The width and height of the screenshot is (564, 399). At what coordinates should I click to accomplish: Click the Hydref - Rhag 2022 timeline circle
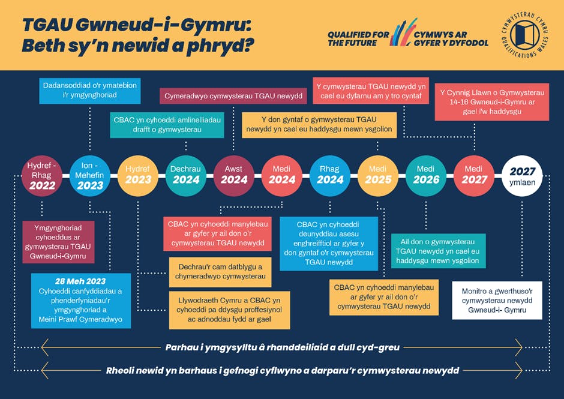tap(42, 175)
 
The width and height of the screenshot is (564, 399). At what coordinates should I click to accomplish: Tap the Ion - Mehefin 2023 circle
tap(90, 175)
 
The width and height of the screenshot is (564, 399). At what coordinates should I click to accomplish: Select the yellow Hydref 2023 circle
tap(138, 175)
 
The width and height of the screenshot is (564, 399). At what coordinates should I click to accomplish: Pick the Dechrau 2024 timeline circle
tap(186, 175)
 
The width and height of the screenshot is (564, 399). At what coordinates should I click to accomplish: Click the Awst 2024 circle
tap(234, 175)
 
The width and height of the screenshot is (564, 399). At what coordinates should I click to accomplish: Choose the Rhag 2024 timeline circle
tap(330, 175)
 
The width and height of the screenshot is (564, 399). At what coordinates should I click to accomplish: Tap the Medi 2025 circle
tap(378, 175)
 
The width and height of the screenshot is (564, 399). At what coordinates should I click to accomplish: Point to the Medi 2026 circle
tap(426, 175)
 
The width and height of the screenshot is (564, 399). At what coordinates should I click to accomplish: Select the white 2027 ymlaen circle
tap(522, 175)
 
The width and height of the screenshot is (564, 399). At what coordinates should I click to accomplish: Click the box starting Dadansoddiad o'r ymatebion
tap(89, 90)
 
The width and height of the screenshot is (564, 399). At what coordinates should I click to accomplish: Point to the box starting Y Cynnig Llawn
tap(483, 103)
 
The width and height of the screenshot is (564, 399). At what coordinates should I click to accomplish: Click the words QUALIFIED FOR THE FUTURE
tap(358, 38)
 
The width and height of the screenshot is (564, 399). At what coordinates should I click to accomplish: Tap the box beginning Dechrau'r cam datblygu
tap(221, 272)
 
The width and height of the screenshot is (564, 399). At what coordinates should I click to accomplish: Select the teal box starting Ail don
tap(439, 251)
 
